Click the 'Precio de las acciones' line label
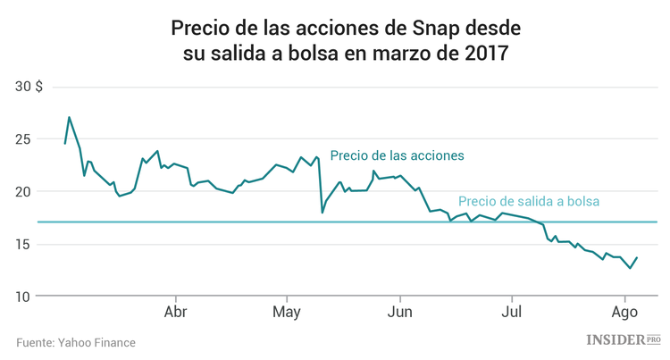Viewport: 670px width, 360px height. pyautogui.click(x=397, y=155)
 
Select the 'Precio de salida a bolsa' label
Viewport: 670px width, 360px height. pyautogui.click(x=528, y=202)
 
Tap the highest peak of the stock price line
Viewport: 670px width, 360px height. pyautogui.click(x=69, y=117)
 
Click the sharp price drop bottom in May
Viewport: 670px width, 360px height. pyautogui.click(x=322, y=213)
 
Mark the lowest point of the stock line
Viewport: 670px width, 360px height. pyautogui.click(x=629, y=268)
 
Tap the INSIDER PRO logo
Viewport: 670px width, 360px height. pyautogui.click(x=623, y=339)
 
